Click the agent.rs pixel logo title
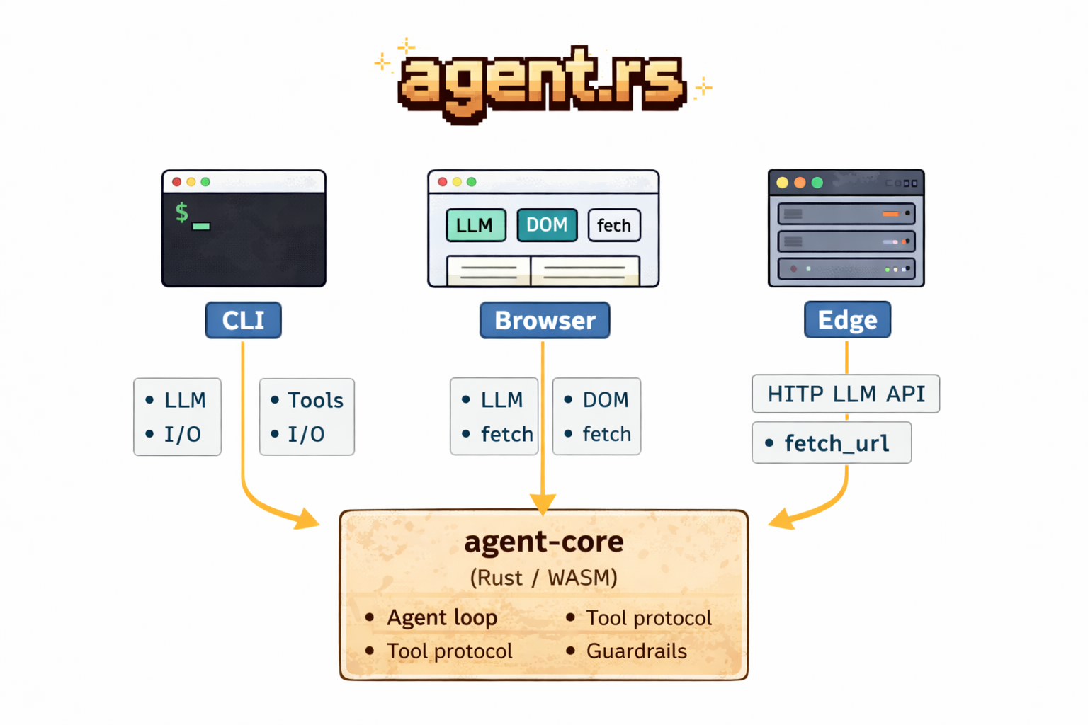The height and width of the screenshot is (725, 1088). [x=542, y=81]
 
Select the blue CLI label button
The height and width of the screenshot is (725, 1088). [x=243, y=320]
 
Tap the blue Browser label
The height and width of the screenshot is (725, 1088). [x=544, y=320]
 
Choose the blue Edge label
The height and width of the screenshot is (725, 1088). [x=847, y=320]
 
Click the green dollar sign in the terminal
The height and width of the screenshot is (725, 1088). [x=182, y=212]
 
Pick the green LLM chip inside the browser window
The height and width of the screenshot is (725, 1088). [x=475, y=225]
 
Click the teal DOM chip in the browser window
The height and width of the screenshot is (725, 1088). [x=547, y=225]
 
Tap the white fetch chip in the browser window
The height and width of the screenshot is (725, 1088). [x=613, y=225]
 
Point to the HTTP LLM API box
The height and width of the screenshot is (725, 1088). [x=846, y=394]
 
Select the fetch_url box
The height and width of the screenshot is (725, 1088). [x=832, y=443]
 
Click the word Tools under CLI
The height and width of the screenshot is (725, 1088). [x=315, y=400]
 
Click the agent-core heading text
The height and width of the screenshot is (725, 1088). [x=544, y=542]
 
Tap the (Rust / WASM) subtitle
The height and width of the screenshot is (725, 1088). [x=544, y=578]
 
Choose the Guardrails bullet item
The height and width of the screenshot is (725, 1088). [x=636, y=651]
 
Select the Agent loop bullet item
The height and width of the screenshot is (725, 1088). [x=442, y=617]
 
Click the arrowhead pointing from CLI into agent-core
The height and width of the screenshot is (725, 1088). [x=308, y=519]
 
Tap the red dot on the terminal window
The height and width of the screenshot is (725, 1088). [x=176, y=182]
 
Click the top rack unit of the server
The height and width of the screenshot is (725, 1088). [x=846, y=213]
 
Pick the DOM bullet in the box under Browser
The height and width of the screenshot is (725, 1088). [x=605, y=400]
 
